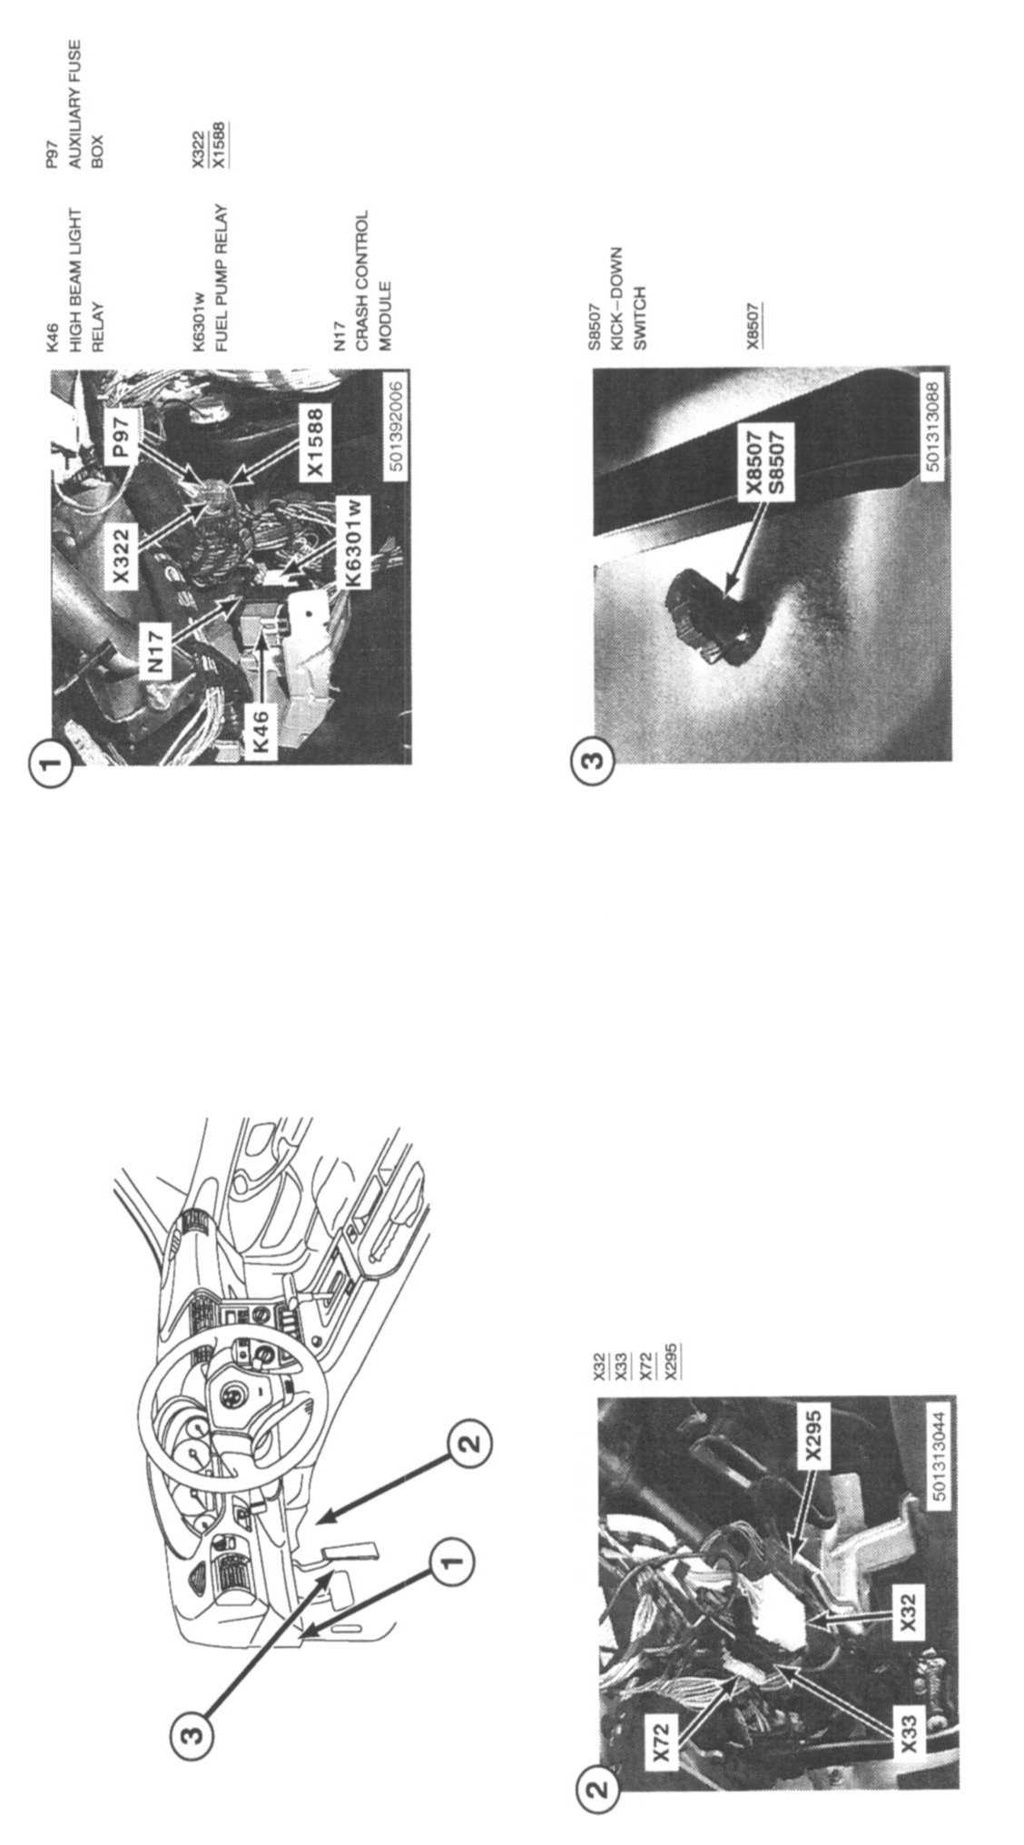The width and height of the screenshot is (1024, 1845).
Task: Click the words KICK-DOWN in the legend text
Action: pyautogui.click(x=616, y=282)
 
